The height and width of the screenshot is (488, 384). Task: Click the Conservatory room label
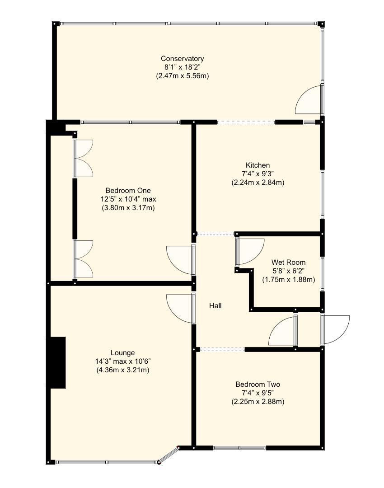tap(183, 59)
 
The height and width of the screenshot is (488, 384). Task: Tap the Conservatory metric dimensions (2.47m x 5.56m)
tap(183, 76)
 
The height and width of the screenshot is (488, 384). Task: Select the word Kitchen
tap(258, 165)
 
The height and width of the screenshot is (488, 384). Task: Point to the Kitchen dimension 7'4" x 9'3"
tap(258, 174)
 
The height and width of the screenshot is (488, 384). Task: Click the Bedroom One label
tap(128, 191)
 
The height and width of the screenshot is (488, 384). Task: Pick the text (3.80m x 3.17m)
tap(128, 208)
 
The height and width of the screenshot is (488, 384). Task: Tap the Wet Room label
tap(288, 262)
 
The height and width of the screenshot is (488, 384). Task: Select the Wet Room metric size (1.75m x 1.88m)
tap(288, 279)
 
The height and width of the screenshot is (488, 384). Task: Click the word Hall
tap(215, 306)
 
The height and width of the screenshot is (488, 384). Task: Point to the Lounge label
tap(123, 353)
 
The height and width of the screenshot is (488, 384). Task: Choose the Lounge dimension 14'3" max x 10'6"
tap(123, 361)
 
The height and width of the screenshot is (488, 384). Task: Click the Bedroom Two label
tap(258, 385)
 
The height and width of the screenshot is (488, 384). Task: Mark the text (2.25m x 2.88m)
tap(258, 401)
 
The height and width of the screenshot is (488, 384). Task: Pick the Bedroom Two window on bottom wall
tap(239, 448)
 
